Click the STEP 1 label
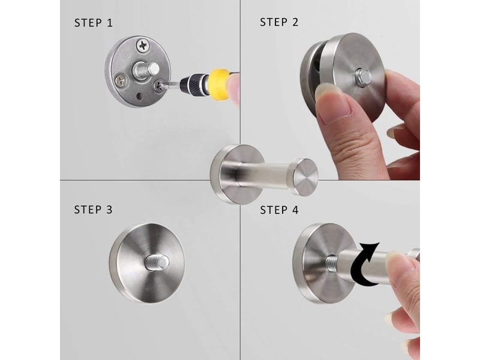coord(94,23)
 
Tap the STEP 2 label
coord(279,22)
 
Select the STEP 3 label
coord(93,209)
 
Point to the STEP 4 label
coord(279,210)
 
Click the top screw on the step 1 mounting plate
coord(143,46)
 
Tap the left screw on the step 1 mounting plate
coord(120,80)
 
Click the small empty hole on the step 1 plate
coord(139,97)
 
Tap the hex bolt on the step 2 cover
coord(363,77)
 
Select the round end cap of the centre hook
coord(305,176)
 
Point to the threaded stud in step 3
coord(157,262)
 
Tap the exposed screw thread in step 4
coord(332,262)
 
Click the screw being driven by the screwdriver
coord(158,85)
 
